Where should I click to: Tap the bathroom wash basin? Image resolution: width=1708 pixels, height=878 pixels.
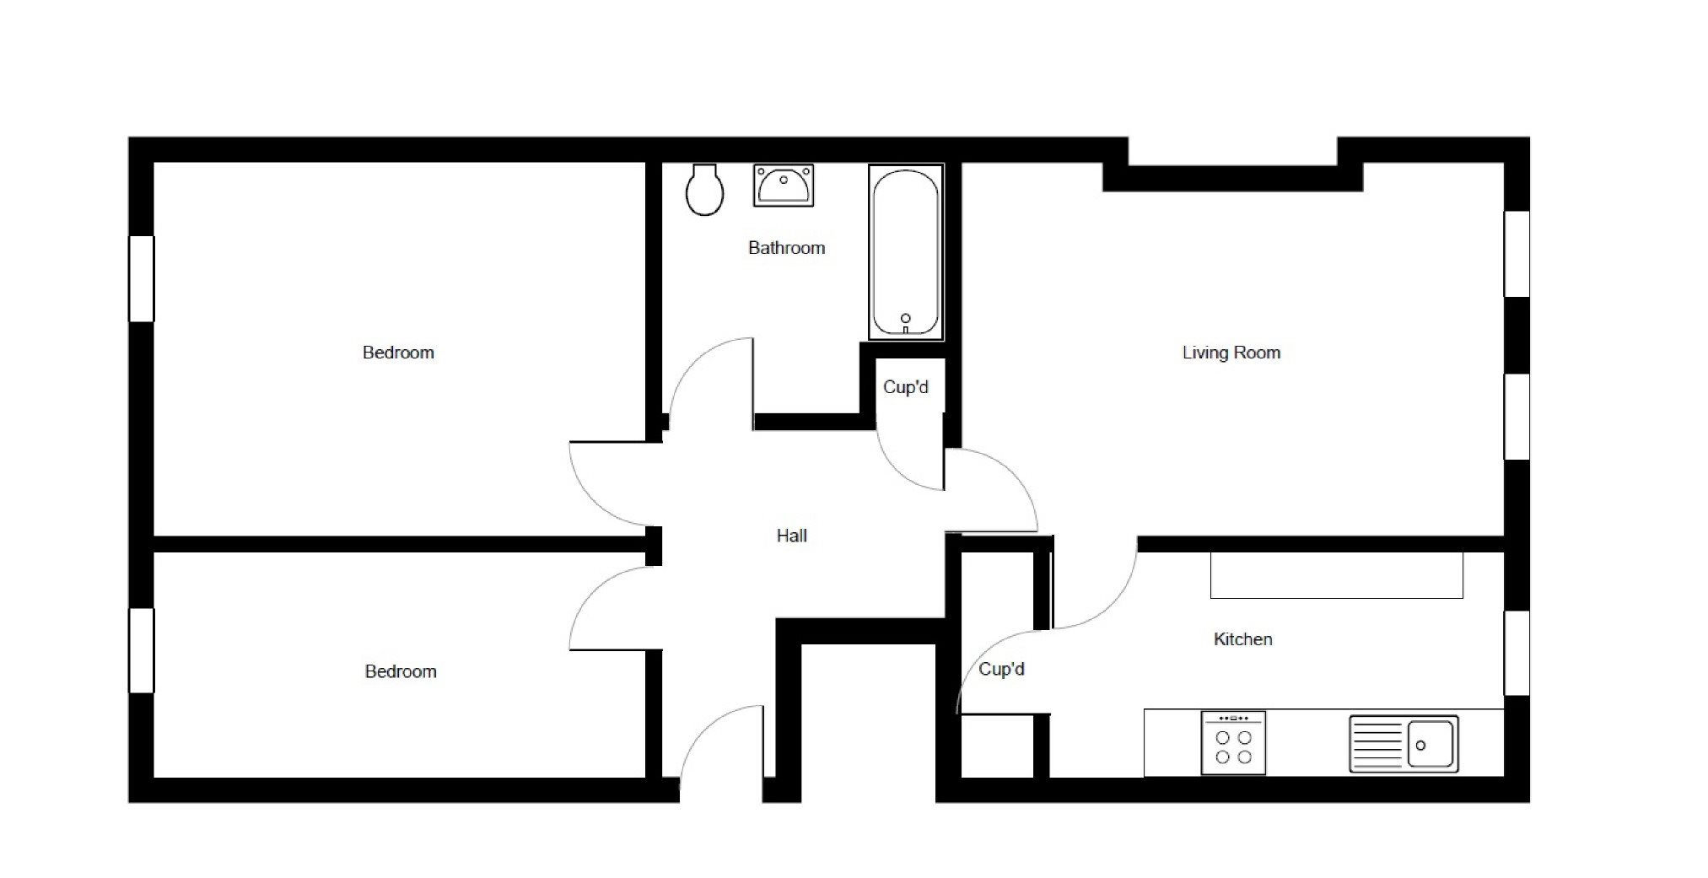(784, 186)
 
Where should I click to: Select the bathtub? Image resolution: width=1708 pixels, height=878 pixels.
(906, 252)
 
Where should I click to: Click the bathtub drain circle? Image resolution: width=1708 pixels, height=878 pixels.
(906, 318)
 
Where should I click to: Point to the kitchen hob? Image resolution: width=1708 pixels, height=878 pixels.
(1233, 742)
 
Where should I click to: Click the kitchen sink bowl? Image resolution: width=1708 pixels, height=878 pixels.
(1431, 745)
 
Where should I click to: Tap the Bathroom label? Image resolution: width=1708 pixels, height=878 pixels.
(786, 248)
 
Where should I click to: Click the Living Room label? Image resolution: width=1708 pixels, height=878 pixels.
(1231, 353)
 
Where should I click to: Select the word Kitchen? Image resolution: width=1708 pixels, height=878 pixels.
(1242, 639)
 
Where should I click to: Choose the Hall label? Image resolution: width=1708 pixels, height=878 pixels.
(792, 536)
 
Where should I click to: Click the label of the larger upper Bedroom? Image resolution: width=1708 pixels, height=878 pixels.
(398, 353)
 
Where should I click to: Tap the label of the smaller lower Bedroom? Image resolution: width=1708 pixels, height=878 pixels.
(401, 671)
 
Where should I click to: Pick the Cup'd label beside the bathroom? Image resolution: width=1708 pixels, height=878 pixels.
(906, 387)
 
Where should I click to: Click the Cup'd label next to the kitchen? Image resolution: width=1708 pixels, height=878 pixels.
(1001, 669)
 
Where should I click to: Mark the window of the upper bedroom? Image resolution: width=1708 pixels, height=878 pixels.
(141, 278)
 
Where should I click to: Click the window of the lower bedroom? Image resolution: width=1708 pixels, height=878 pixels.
(141, 650)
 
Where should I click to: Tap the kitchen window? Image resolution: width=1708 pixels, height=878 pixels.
(1517, 654)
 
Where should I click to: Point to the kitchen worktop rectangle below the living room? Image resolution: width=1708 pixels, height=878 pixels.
(1336, 575)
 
